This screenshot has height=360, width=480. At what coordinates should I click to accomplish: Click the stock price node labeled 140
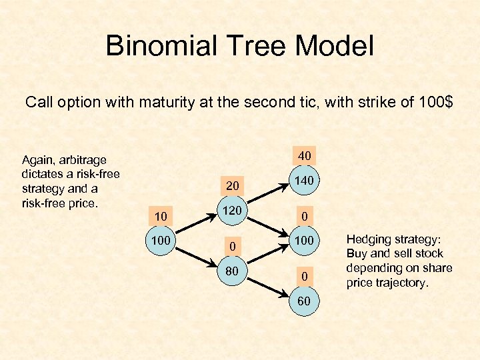tap(304, 181)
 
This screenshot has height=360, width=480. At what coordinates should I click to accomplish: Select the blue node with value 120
tap(232, 211)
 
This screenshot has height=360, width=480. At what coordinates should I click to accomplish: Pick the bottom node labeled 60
tap(304, 301)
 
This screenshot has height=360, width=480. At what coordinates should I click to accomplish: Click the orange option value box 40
tap(304, 155)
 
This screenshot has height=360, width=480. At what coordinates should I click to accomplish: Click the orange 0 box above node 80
tap(232, 247)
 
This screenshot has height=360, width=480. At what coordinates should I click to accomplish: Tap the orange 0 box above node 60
tap(304, 275)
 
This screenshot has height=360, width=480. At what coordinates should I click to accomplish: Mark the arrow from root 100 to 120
tap(196, 225)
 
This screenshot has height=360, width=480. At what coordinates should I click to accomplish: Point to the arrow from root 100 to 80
tap(196, 255)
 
